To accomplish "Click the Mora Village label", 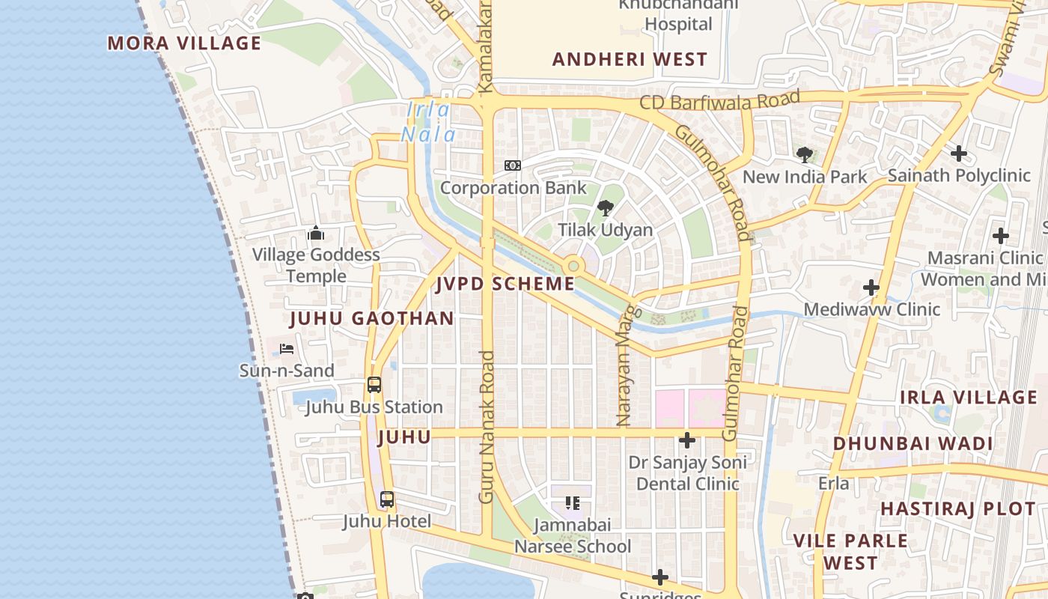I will [184, 43].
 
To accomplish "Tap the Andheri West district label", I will [630, 60].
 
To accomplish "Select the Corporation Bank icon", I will [513, 165].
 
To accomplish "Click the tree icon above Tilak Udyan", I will [606, 208].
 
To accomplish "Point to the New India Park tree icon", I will [805, 155].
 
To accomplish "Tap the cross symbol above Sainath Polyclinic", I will [959, 154].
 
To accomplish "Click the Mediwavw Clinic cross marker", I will [871, 288].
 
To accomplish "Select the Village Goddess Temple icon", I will [316, 234].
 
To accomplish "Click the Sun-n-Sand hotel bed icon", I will [287, 349].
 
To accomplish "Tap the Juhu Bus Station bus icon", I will [374, 385].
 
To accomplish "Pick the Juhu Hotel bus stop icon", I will [387, 499].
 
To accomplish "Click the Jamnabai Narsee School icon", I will [573, 503].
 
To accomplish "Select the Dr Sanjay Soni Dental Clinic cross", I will [687, 440].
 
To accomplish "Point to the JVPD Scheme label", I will [506, 284].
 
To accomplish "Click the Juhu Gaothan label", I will [372, 318].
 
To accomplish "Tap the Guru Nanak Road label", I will [487, 427].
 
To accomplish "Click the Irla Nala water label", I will [428, 122].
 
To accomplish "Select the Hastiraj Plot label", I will [957, 509].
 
